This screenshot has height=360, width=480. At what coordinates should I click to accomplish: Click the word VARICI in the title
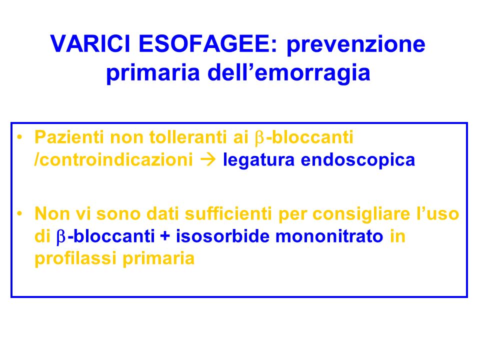coord(91,44)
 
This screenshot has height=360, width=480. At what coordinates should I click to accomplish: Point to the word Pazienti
coord(69,137)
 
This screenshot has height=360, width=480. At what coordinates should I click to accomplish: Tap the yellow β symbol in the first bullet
coord(259,138)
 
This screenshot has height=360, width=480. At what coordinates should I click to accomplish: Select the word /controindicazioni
coord(113,159)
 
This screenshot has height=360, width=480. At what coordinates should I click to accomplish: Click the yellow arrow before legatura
coord(208,160)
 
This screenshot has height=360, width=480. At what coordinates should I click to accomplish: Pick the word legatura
coord(258,160)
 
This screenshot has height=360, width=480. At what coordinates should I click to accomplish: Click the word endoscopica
coord(358,160)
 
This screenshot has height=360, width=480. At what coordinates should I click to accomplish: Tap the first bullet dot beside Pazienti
coord(20,137)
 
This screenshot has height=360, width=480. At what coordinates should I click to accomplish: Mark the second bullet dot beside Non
coord(20,213)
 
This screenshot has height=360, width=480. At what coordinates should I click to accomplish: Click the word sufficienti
coord(228,213)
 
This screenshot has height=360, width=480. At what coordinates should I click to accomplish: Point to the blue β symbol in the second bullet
coord(61,237)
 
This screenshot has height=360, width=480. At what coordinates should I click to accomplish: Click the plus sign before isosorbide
coord(165,236)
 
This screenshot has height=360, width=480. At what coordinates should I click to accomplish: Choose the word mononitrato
coord(329,236)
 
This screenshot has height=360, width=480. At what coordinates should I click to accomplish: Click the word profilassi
coord(75,259)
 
